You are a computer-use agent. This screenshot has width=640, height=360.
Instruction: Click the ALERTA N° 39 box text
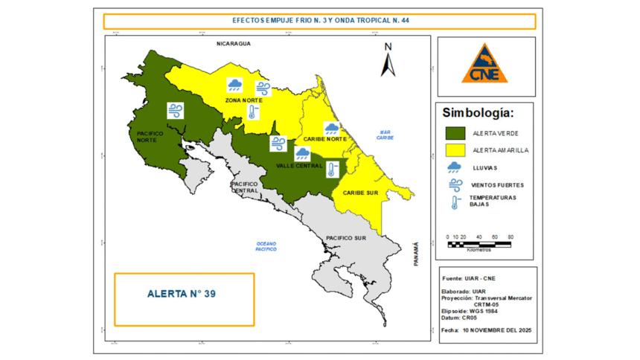[x=182, y=294]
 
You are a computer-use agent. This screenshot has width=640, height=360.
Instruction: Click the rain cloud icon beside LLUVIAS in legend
[x=453, y=167]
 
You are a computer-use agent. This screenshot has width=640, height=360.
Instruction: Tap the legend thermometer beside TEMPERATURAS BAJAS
[x=453, y=202]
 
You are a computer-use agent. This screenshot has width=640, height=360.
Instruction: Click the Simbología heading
[x=478, y=114]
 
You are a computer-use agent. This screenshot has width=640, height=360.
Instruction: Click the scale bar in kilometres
[x=479, y=244]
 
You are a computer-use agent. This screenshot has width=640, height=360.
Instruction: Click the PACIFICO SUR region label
[x=345, y=238]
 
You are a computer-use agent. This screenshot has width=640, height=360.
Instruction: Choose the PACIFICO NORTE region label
[x=150, y=137]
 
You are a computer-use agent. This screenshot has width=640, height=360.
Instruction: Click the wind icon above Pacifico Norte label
[x=176, y=111]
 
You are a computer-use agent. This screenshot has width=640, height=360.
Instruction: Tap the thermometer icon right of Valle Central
[x=333, y=168]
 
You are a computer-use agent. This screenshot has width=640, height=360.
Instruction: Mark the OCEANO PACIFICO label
[x=266, y=247]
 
